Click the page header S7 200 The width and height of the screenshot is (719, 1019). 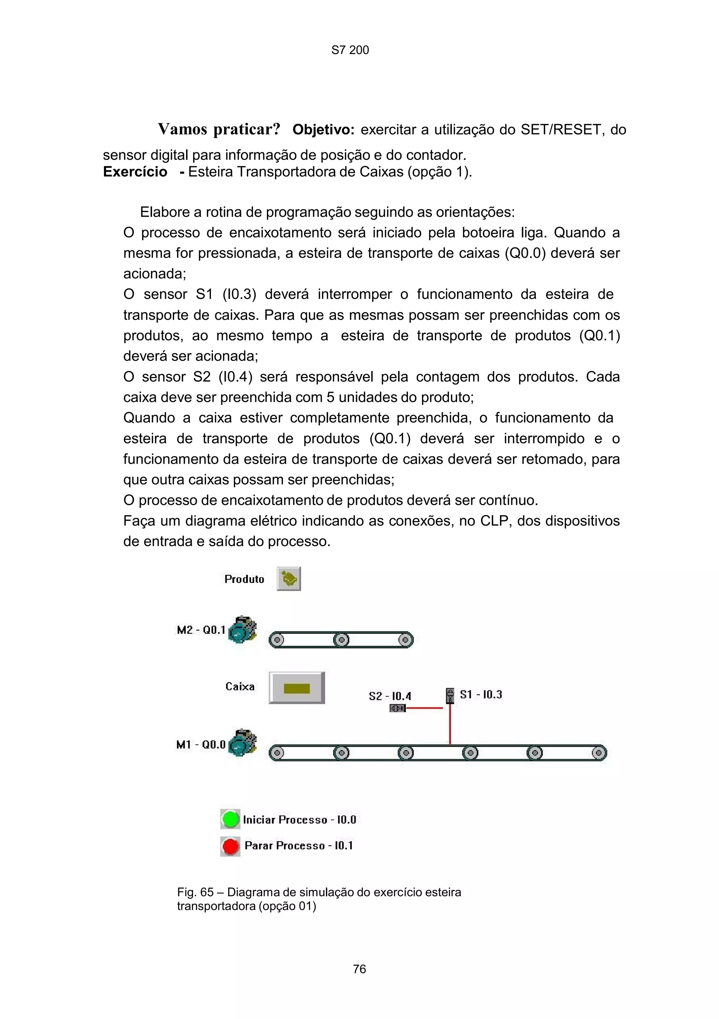[x=350, y=50]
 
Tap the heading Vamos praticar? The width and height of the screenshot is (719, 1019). [x=219, y=129]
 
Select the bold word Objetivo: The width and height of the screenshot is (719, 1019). [x=323, y=129]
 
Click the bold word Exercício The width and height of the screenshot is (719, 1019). [x=135, y=172]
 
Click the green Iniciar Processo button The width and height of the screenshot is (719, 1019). [x=230, y=819]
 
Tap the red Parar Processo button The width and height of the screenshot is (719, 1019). [x=230, y=846]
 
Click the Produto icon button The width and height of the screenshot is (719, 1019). [x=289, y=579]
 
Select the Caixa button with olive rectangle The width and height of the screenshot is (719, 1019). [x=297, y=688]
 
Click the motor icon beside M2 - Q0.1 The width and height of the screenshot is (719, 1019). [x=242, y=629]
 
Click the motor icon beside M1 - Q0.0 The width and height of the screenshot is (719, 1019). [x=242, y=743]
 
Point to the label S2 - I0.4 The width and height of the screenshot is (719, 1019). [x=390, y=696]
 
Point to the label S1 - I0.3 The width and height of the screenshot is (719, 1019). [x=481, y=695]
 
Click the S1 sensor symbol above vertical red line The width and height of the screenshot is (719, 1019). [x=450, y=696]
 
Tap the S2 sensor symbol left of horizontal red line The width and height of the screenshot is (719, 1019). [x=397, y=708]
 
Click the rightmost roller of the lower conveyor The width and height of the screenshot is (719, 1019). [x=599, y=753]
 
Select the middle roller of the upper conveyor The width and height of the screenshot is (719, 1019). [x=341, y=640]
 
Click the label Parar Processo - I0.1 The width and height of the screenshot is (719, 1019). [x=298, y=845]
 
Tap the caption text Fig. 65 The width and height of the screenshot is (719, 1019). [x=196, y=892]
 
